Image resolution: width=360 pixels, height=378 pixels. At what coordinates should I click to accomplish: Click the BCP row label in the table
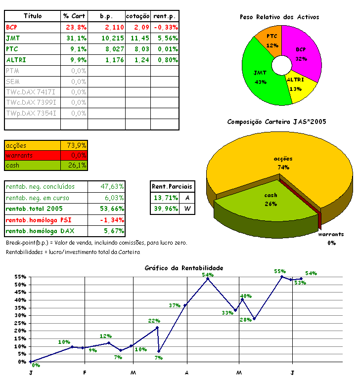12,27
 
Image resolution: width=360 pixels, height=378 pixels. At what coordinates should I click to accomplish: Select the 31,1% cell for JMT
76,38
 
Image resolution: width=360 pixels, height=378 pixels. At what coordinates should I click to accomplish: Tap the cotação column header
137,16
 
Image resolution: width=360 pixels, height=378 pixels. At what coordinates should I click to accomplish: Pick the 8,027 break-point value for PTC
113,49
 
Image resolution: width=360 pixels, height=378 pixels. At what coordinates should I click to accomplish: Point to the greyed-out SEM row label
13,82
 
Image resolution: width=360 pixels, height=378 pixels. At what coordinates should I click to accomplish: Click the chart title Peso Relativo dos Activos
279,17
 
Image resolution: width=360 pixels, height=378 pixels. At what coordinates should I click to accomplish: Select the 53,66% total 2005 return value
113,209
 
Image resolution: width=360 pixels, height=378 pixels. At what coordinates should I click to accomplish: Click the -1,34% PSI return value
113,219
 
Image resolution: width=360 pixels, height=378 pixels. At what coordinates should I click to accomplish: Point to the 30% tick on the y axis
21,315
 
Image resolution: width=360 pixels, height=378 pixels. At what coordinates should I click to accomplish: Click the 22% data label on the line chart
154,321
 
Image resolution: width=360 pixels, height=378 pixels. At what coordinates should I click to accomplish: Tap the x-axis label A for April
187,372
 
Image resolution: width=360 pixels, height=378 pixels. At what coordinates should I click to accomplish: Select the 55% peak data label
280,271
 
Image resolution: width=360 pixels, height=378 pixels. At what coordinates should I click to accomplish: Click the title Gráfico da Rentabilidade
184,268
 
